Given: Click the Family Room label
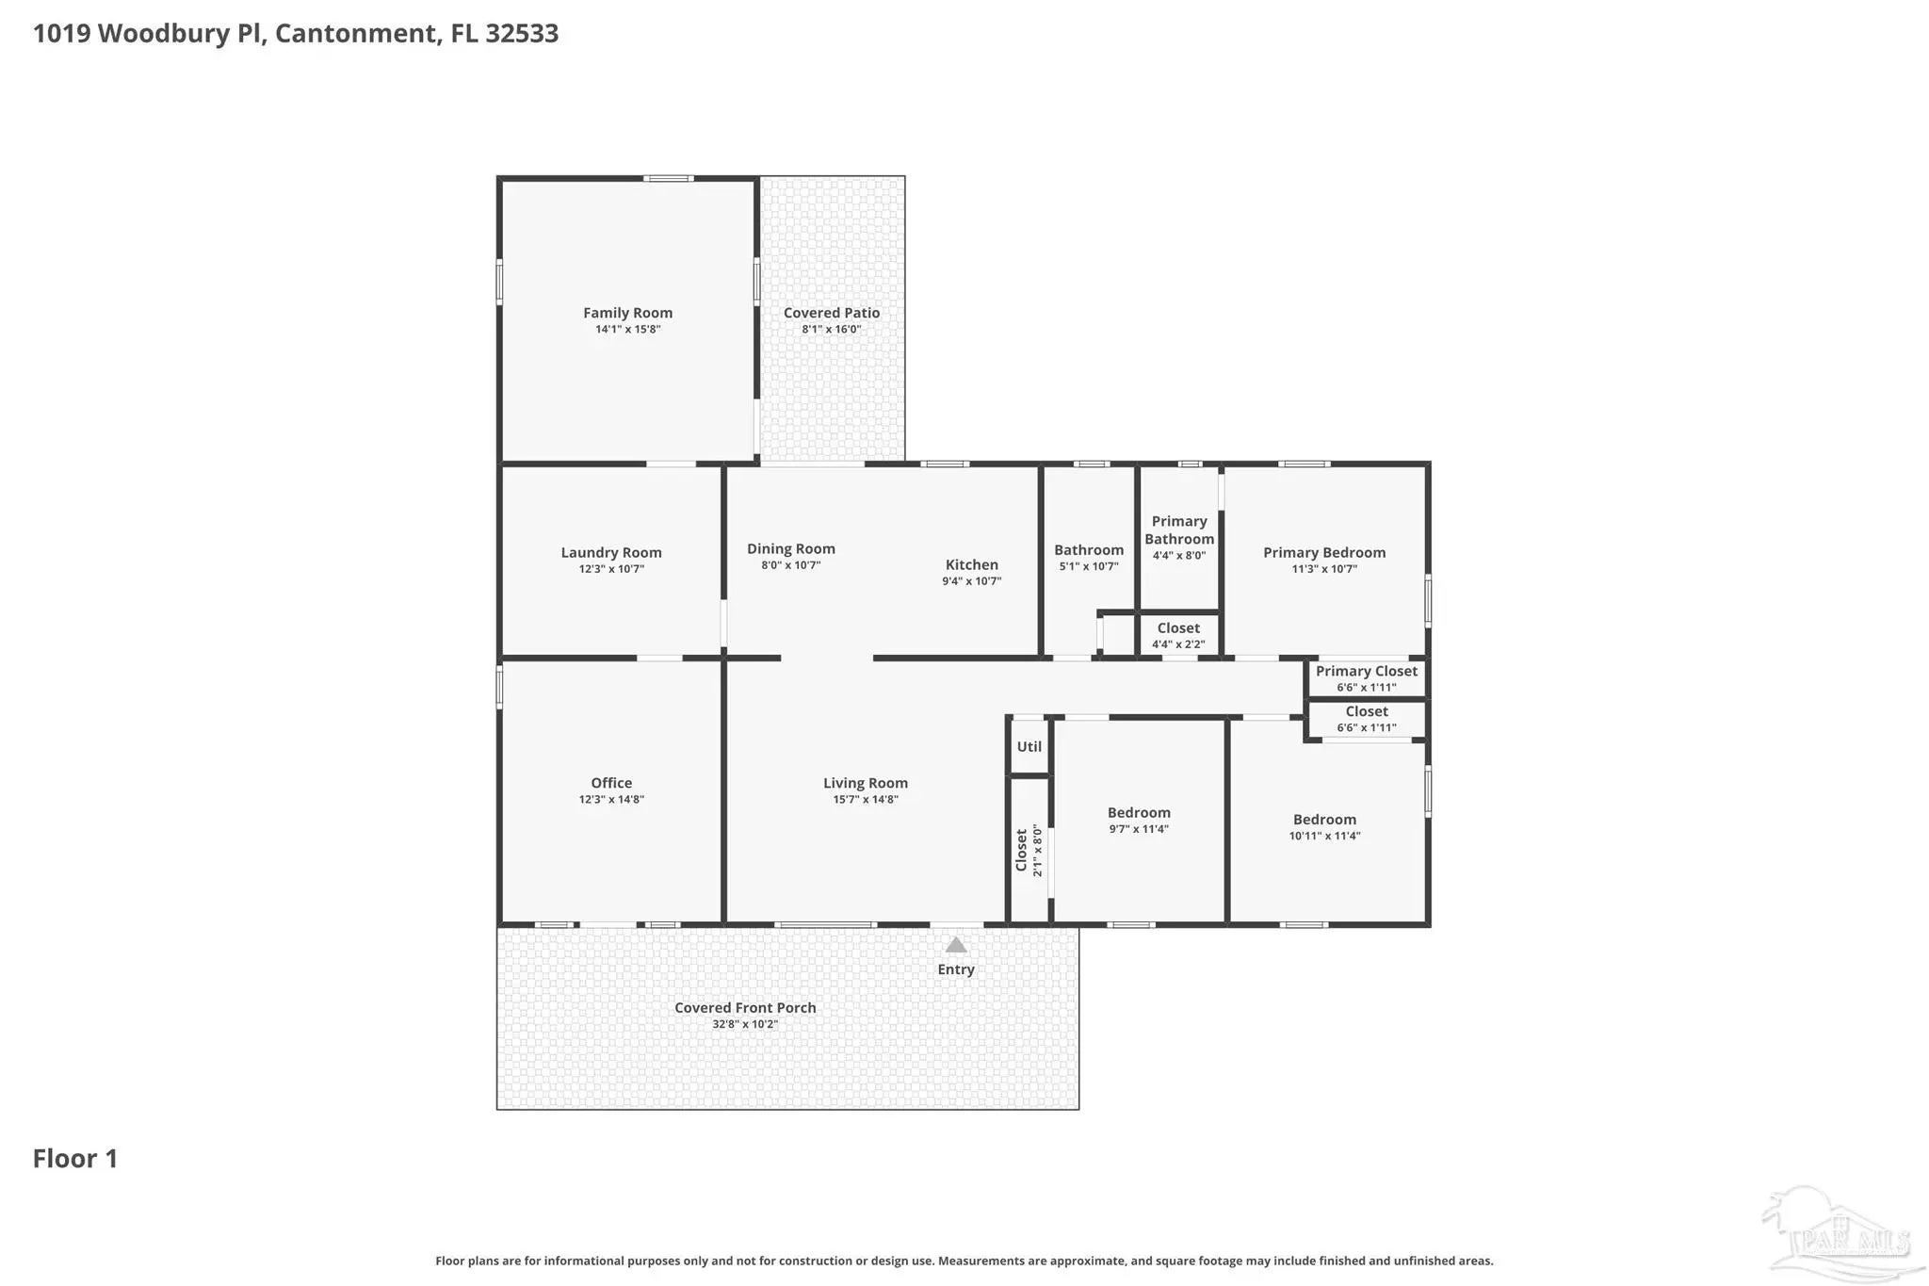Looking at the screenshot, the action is click(627, 313).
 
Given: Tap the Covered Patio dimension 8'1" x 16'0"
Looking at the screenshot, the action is click(832, 330).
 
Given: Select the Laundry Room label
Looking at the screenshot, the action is click(611, 553).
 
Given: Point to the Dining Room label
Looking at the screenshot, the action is click(791, 549).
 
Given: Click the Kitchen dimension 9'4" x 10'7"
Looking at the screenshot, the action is click(972, 581).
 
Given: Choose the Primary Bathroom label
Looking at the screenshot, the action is click(1179, 530).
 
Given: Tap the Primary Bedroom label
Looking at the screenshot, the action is click(1324, 553).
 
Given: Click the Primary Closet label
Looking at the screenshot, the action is click(1367, 672).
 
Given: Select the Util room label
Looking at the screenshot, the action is click(1029, 747).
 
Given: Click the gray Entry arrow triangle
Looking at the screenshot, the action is click(956, 945).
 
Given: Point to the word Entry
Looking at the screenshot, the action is click(956, 969).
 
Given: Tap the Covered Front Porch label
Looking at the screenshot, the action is click(745, 1008).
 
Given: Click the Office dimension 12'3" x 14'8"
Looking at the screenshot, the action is click(611, 800).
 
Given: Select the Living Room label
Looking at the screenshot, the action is click(866, 783).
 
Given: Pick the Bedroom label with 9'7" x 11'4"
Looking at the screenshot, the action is click(1139, 813).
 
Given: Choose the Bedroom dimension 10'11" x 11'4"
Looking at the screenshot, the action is click(1325, 836).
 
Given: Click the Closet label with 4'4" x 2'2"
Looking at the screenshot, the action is click(1178, 628).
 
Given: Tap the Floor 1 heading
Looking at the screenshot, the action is click(75, 1159).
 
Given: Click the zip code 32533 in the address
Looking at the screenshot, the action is click(522, 34).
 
